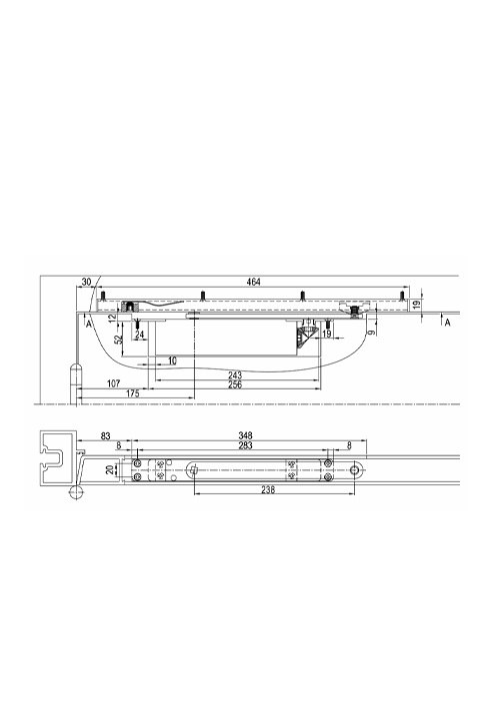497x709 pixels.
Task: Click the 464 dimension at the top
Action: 253,282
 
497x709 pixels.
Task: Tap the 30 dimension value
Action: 86,282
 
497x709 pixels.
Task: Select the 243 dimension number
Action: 235,375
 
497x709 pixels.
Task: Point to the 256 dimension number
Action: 235,384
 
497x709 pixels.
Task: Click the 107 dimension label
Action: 113,383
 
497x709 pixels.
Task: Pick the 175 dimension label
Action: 132,393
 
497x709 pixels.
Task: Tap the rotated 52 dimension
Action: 119,340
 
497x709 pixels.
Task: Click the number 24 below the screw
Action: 139,335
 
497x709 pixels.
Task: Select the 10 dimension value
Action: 172,360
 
